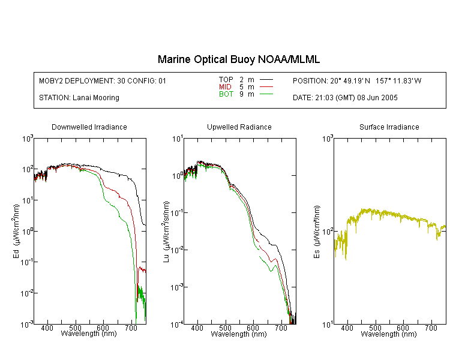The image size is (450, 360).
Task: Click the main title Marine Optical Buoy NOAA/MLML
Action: pyautogui.click(x=238, y=59)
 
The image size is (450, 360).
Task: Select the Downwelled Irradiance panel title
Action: pyautogui.click(x=89, y=127)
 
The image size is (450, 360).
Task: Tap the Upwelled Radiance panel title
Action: pyautogui.click(x=239, y=127)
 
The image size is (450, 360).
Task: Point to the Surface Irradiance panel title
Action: pyautogui.click(x=389, y=127)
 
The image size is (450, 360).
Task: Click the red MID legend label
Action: pyautogui.click(x=225, y=86)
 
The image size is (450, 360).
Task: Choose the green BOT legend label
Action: pyautogui.click(x=226, y=94)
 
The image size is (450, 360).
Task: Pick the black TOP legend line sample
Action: pyautogui.click(x=266, y=80)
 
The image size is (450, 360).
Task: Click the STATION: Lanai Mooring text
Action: pyautogui.click(x=79, y=98)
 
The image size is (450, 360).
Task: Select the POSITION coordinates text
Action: pyautogui.click(x=357, y=80)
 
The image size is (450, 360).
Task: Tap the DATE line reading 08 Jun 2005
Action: pyautogui.click(x=345, y=98)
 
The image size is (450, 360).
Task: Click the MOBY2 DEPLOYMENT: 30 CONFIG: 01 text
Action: pyautogui.click(x=103, y=80)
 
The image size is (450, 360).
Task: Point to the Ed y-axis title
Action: pyautogui.click(x=16, y=231)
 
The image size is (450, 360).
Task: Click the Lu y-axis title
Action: pyautogui.click(x=166, y=232)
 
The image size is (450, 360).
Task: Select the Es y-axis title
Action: pyautogui.click(x=316, y=232)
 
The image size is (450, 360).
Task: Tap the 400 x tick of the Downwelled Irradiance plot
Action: pyautogui.click(x=47, y=328)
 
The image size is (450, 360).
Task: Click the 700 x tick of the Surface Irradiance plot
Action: pyautogui.click(x=431, y=328)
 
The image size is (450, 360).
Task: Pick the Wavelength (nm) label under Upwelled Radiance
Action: pyautogui.click(x=239, y=334)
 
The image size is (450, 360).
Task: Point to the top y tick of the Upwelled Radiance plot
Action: pyautogui.click(x=178, y=139)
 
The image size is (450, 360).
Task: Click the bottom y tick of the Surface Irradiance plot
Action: pyautogui.click(x=328, y=325)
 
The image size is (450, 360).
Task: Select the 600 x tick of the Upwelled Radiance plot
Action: pyautogui.click(x=253, y=328)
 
